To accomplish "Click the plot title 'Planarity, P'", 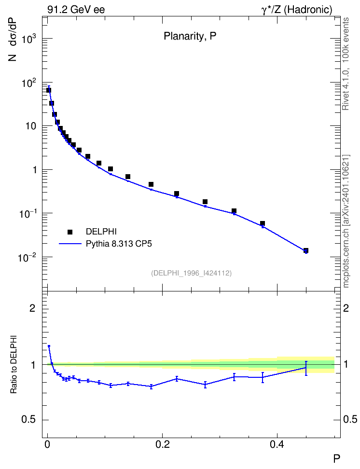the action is coord(190,36).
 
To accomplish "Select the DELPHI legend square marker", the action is coord(70,232).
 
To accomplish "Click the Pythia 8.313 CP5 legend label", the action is coord(119,244).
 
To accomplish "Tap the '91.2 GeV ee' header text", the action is coord(76,10).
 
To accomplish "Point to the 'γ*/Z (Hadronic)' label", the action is coord(297,10).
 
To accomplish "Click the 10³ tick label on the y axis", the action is coord(29,39).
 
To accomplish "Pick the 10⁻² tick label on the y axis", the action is coord(28,257).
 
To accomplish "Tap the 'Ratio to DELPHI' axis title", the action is coord(14,364).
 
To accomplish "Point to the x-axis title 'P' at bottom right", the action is coord(336,458).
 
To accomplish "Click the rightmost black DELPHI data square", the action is coord(306,250).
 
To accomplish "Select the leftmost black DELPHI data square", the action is coord(48,90).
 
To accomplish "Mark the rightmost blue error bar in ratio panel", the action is coord(306,368).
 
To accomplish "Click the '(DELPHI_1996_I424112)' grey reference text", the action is coord(191,273).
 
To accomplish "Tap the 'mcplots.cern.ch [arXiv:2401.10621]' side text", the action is coord(346,221).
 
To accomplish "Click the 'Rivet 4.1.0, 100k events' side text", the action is coord(346,64).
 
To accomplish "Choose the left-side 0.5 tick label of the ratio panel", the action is coord(28,419).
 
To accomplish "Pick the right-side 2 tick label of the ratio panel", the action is coord(346,308).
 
